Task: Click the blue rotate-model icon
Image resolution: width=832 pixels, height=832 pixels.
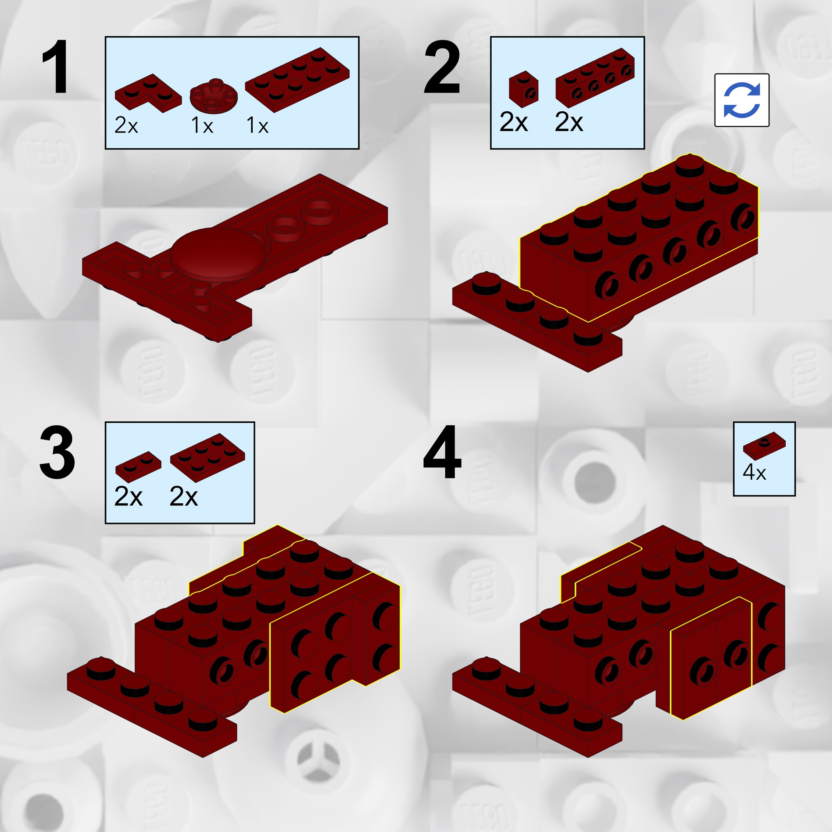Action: point(741,100)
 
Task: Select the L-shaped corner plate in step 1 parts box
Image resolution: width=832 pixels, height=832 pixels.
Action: point(148,93)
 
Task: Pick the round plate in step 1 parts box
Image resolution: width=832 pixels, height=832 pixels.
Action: point(214,95)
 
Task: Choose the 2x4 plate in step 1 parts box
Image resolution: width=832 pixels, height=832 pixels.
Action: point(297,80)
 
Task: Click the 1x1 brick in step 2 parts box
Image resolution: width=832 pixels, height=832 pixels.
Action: point(524,89)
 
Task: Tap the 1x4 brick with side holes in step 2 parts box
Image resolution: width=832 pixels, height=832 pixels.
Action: point(595,78)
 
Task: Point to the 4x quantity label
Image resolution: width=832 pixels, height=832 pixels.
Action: point(754,472)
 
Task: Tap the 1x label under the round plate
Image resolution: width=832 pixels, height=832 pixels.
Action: point(202,126)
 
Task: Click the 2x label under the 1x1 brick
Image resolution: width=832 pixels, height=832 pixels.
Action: point(513,122)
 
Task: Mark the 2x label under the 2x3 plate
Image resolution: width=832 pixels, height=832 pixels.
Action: point(184,496)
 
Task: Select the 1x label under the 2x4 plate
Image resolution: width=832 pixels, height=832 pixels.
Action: point(258,126)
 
